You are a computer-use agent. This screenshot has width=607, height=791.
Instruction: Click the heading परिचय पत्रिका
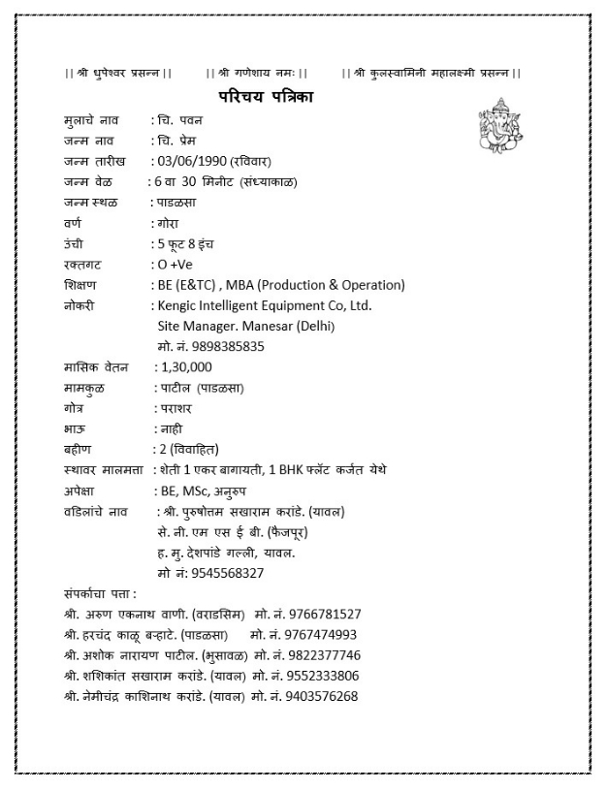coord(265,97)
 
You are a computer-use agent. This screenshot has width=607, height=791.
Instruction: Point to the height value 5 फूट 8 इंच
coord(190,243)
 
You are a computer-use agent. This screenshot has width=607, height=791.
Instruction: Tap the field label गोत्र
coord(72,408)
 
